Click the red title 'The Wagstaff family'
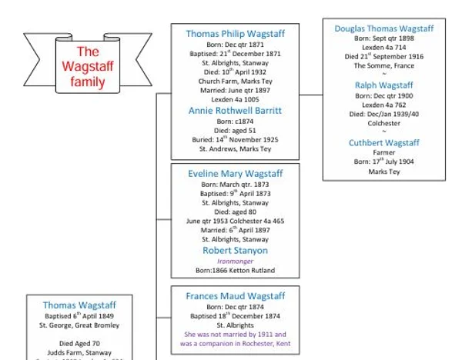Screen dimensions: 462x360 point(87,67)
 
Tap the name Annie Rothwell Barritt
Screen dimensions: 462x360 point(235,111)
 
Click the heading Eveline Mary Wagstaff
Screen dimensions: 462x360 point(235,174)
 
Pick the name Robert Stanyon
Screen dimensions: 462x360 point(235,251)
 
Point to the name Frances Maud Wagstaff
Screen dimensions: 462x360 point(235,296)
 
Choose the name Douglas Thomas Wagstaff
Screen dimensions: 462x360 point(384,28)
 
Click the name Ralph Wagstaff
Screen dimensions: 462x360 point(384,85)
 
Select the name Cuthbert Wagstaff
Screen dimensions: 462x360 point(384,143)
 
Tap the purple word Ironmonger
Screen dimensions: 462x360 point(235,261)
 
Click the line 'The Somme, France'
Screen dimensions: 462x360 point(384,66)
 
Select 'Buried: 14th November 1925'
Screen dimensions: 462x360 point(235,139)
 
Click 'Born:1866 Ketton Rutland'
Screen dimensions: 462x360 point(235,271)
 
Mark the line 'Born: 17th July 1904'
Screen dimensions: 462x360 point(384,162)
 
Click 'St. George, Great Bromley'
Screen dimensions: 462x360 point(81,325)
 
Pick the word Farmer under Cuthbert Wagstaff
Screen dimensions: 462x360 point(384,153)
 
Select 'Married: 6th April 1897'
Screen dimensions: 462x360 point(235,232)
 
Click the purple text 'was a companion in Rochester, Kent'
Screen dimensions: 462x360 point(235,344)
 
